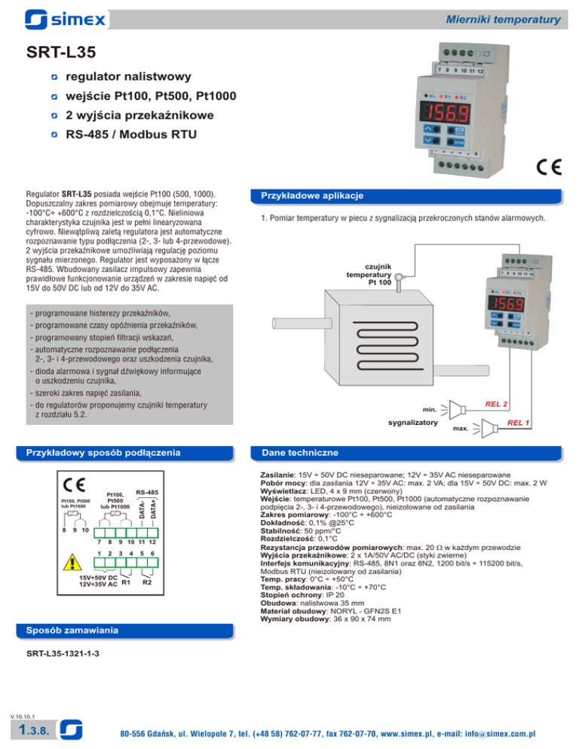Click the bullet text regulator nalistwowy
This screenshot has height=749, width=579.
pos(128,77)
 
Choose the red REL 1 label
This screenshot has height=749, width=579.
pos(518,423)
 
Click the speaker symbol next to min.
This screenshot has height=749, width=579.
pos(452,410)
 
